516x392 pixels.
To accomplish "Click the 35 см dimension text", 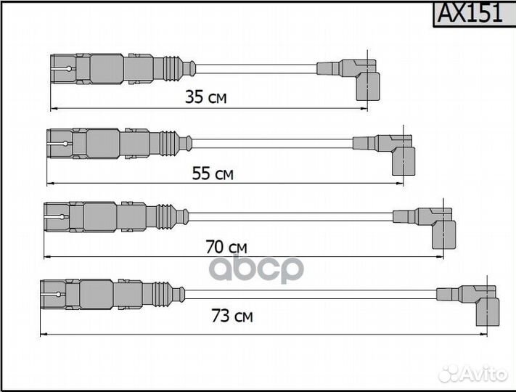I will (x=206, y=97).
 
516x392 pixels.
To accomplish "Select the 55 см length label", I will (x=213, y=173).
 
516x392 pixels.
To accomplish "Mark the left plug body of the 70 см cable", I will (x=94, y=216).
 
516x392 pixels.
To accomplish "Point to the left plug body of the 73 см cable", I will (x=91, y=293).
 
